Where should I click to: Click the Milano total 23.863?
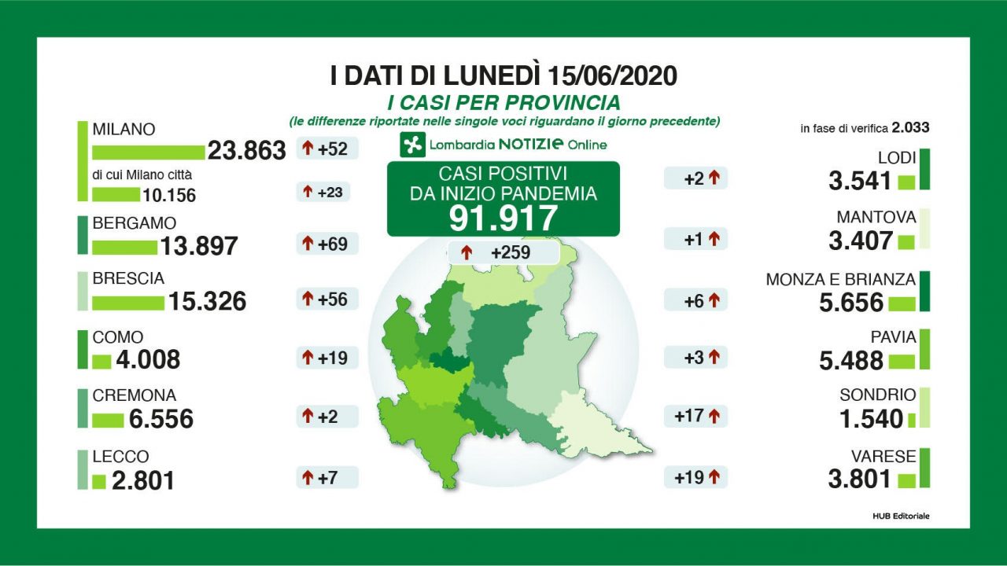pyautogui.click(x=246, y=151)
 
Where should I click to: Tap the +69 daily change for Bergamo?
pyautogui.click(x=327, y=244)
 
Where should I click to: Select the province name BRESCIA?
pyautogui.click(x=128, y=279)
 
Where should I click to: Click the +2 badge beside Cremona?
pyautogui.click(x=327, y=417)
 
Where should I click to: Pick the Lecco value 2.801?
pyautogui.click(x=143, y=480)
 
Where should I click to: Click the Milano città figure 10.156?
pyautogui.click(x=169, y=195)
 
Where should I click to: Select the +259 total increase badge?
pyautogui.click(x=503, y=253)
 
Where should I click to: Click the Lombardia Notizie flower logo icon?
pyautogui.click(x=413, y=145)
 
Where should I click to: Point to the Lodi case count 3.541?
pyautogui.click(x=860, y=182)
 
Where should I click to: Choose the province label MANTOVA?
pyautogui.click(x=876, y=217)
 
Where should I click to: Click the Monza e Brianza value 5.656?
pyautogui.click(x=852, y=303)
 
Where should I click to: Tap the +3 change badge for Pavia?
pyautogui.click(x=695, y=358)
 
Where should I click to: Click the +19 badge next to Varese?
pyautogui.click(x=695, y=477)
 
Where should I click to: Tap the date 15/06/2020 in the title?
pyautogui.click(x=611, y=76)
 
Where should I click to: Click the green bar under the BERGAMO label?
pyautogui.click(x=124, y=247)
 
